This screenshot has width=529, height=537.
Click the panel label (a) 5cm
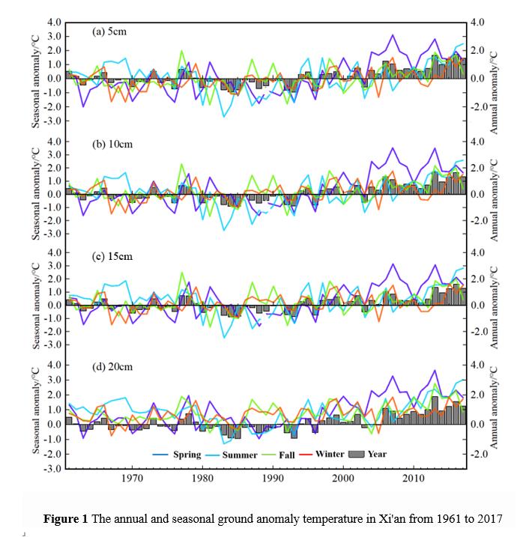[112, 31]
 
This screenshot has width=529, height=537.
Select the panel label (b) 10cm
[112, 144]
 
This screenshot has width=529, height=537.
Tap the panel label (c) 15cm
[112, 257]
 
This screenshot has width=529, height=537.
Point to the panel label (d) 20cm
[112, 368]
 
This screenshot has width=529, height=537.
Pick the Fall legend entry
[291, 454]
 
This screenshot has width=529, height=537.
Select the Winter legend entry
[330, 454]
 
